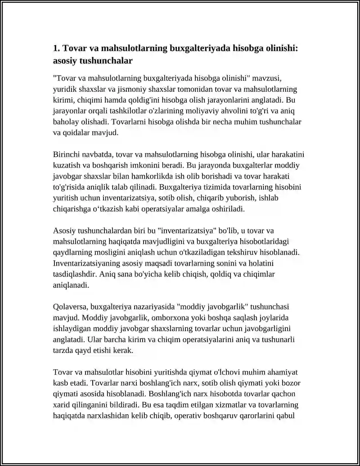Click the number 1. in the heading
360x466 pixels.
[57, 48]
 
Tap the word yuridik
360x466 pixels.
[64, 89]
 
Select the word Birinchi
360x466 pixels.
[66, 155]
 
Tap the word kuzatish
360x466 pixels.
[66, 166]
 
